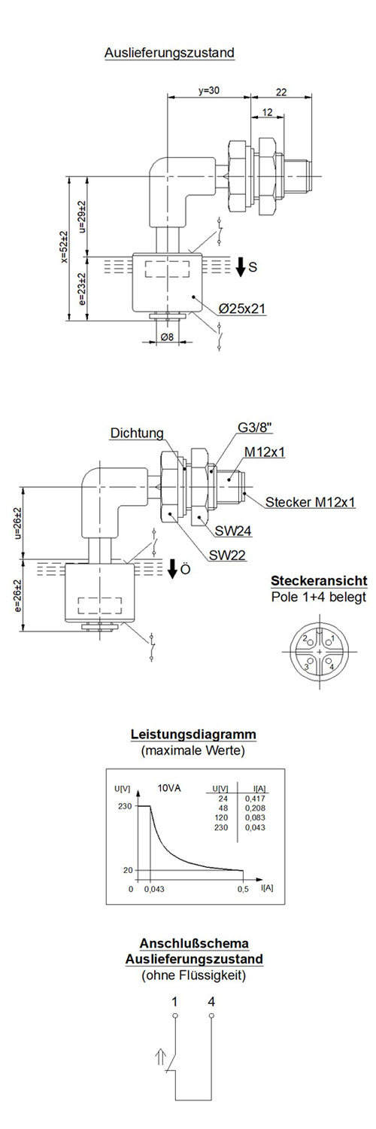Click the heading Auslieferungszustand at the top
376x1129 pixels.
coord(169,53)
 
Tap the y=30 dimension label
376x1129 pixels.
coord(208,91)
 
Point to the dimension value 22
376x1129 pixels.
coord(281,92)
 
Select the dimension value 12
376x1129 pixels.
coord(267,112)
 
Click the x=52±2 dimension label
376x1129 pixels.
coord(64,248)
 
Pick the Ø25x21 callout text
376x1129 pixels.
coord(242,309)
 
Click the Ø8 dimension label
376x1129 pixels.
coord(168,336)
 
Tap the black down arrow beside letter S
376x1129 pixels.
coord(241,266)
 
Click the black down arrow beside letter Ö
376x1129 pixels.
coord(173,569)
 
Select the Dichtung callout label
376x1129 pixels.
coord(137,433)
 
